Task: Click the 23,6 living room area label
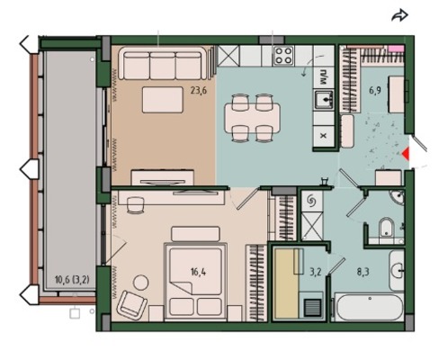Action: [x=199, y=90]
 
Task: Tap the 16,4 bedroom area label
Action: [x=199, y=272]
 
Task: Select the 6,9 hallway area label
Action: [x=375, y=90]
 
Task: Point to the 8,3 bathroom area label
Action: [x=363, y=272]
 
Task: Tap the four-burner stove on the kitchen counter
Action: [x=283, y=56]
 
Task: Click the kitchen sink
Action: [x=324, y=99]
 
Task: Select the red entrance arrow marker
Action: [x=406, y=154]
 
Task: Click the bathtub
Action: [x=369, y=308]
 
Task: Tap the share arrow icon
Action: [x=399, y=15]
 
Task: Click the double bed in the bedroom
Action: [x=195, y=281]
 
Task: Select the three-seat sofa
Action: [x=163, y=63]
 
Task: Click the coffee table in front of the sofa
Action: [x=163, y=100]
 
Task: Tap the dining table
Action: [x=253, y=118]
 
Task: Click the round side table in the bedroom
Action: [x=140, y=282]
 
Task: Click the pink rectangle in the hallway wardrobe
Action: [x=396, y=49]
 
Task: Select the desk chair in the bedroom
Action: [x=135, y=205]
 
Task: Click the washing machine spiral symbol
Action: [x=311, y=201]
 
